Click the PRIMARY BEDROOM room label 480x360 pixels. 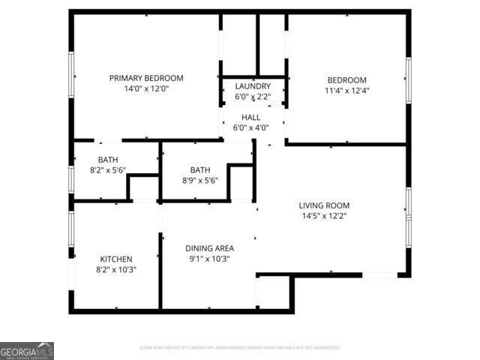[146, 78]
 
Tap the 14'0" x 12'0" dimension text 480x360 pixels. [146, 88]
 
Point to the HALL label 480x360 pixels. [250, 118]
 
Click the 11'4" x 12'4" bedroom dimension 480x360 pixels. [346, 91]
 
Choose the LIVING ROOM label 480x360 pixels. [324, 205]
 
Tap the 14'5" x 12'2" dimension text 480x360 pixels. [324, 216]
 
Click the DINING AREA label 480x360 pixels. [210, 248]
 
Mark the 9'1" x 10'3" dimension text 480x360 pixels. [210, 259]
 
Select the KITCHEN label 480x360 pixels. [115, 259]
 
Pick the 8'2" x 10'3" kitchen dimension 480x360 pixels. [115, 269]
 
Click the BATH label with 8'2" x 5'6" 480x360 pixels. [108, 160]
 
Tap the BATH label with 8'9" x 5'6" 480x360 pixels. [200, 169]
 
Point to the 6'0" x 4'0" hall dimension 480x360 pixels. [250, 128]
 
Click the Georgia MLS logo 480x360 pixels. [27, 350]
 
